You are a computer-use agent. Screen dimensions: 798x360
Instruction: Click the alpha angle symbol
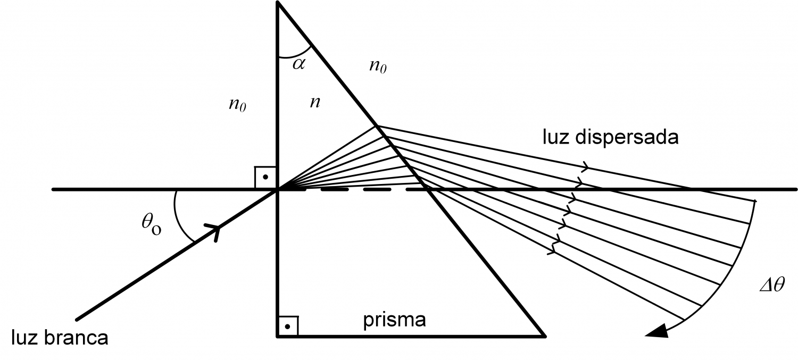tap(298, 64)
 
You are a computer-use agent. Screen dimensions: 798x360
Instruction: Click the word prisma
tap(394, 320)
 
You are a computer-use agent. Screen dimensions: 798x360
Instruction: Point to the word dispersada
tap(627, 137)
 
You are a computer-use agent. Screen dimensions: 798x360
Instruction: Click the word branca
tap(76, 337)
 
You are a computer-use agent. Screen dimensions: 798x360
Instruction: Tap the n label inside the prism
tap(315, 103)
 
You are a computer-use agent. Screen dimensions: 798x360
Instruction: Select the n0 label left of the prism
tap(237, 105)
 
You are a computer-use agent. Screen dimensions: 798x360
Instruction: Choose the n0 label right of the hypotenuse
tap(378, 66)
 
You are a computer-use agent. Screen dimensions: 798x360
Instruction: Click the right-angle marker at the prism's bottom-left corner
tap(288, 326)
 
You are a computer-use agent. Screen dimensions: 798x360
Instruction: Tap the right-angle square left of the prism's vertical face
tap(265, 177)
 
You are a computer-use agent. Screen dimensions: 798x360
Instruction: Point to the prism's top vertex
tap(278, 2)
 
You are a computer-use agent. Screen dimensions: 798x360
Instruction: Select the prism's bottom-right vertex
tap(544, 336)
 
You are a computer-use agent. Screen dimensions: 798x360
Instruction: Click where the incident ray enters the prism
tap(277, 190)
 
